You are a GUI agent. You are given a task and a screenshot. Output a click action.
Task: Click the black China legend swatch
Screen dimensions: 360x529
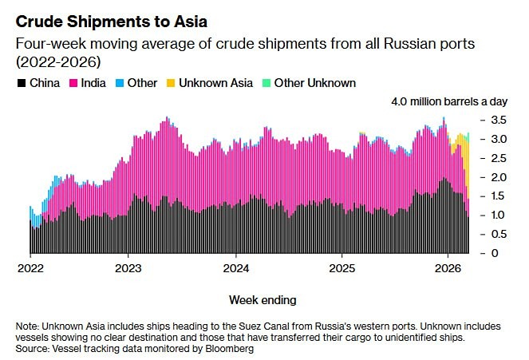click(x=20, y=83)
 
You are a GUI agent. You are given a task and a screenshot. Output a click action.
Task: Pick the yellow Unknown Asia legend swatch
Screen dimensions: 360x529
click(x=170, y=83)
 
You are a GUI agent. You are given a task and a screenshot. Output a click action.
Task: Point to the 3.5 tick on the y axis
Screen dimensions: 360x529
click(x=497, y=120)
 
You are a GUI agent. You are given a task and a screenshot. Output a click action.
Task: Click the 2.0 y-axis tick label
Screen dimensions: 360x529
click(x=497, y=176)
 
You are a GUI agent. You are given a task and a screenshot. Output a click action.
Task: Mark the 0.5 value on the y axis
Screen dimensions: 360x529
click(x=497, y=234)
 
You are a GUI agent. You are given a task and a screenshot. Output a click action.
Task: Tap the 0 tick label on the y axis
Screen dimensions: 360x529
click(x=495, y=253)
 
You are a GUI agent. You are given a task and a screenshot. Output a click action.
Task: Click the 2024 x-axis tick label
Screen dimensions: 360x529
click(x=236, y=267)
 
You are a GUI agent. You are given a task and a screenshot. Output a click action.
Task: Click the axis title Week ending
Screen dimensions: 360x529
click(x=263, y=300)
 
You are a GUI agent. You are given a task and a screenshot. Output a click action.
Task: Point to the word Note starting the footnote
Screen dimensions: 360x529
click(x=27, y=327)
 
